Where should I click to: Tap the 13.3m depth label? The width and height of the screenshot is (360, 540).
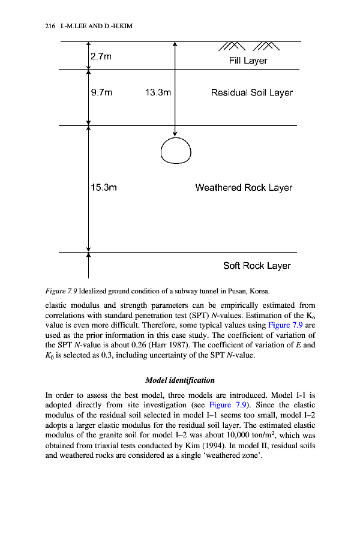tap(158, 93)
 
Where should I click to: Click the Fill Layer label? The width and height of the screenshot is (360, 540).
tap(248, 61)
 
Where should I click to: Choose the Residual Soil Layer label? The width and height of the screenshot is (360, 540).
tap(252, 93)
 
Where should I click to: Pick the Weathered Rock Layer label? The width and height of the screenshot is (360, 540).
tap(244, 188)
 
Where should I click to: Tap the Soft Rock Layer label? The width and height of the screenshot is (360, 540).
tap(257, 266)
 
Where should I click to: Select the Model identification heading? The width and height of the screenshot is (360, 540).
tap(180, 380)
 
